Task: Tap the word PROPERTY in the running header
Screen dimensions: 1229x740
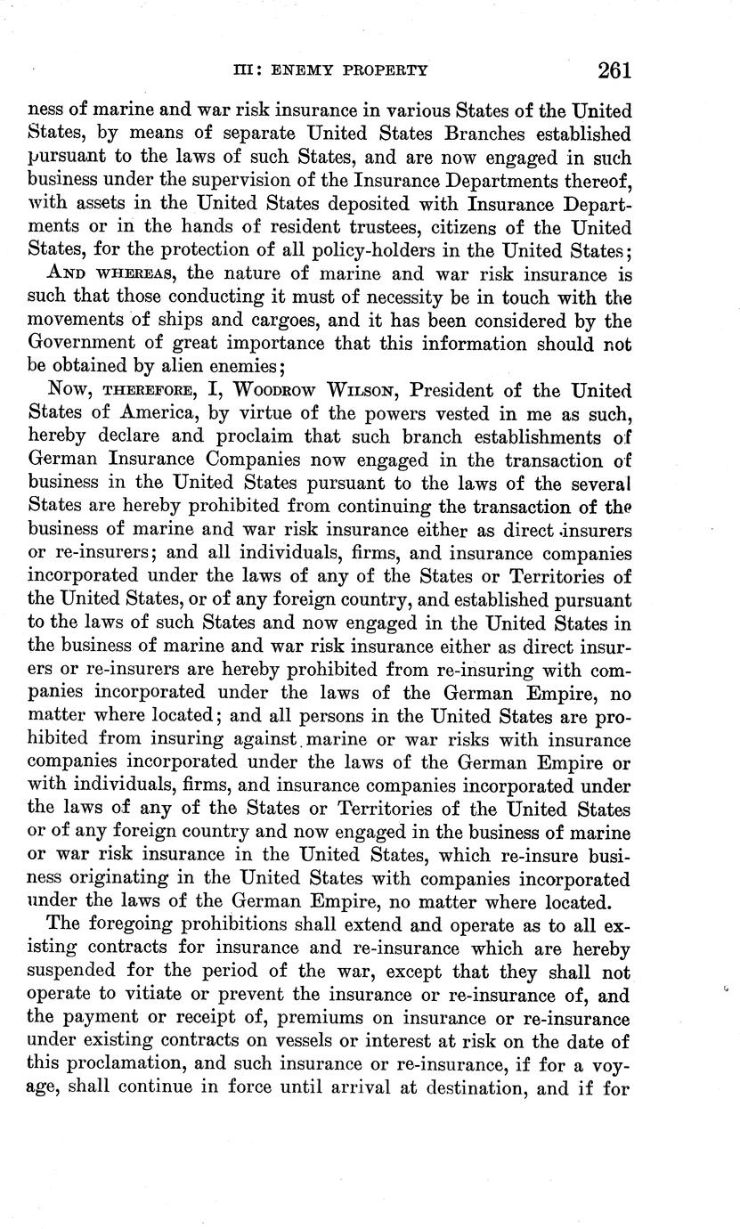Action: [391, 70]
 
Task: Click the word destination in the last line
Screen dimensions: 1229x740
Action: [461, 1086]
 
